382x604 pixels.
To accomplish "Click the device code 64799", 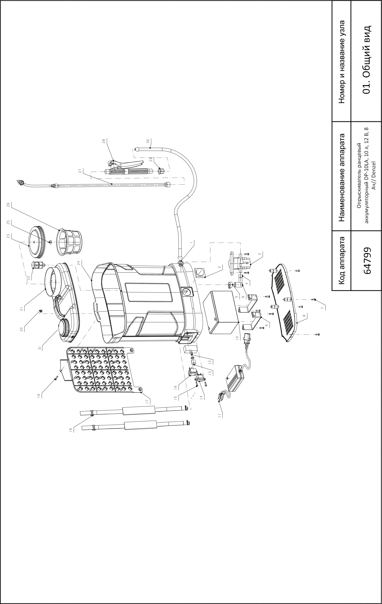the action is pyautogui.click(x=367, y=261).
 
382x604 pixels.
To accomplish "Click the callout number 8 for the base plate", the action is pyautogui.click(x=304, y=316).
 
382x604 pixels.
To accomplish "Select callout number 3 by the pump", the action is pyautogui.click(x=260, y=254).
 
